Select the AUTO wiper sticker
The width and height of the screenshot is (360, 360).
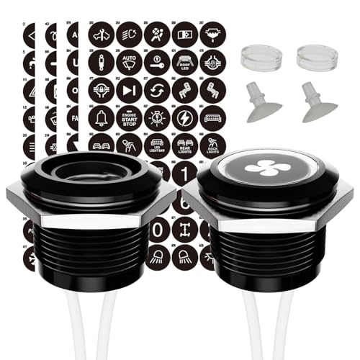tap(129, 61)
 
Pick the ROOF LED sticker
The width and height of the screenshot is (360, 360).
tap(185, 61)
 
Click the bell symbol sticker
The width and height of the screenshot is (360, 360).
tap(101, 117)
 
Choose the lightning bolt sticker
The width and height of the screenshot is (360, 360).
tap(185, 117)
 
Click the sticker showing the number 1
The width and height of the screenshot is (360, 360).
tap(185, 173)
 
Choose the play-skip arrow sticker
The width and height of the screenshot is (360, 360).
tap(129, 89)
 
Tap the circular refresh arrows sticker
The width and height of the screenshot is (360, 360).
tap(157, 89)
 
